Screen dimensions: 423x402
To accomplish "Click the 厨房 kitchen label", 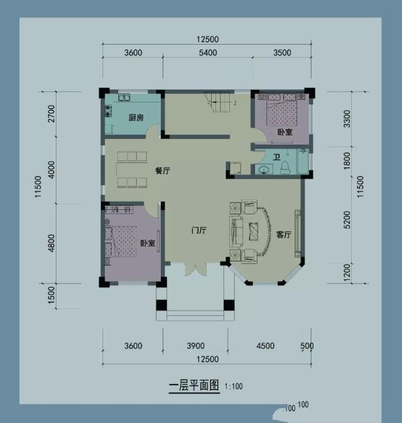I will (137, 118).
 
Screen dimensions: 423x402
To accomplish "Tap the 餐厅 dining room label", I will (163, 170).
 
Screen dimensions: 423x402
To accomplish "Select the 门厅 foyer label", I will (199, 231).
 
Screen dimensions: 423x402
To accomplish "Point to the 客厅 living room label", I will (284, 234).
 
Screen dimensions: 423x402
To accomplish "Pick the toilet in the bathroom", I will (285, 167).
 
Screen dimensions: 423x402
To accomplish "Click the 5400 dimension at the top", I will (207, 53).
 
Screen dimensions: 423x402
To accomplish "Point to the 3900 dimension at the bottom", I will (196, 346).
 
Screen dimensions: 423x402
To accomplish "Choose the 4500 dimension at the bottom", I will (264, 346).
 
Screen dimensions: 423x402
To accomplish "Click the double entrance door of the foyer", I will (195, 269).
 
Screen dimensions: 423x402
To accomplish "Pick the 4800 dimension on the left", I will (51, 242).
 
